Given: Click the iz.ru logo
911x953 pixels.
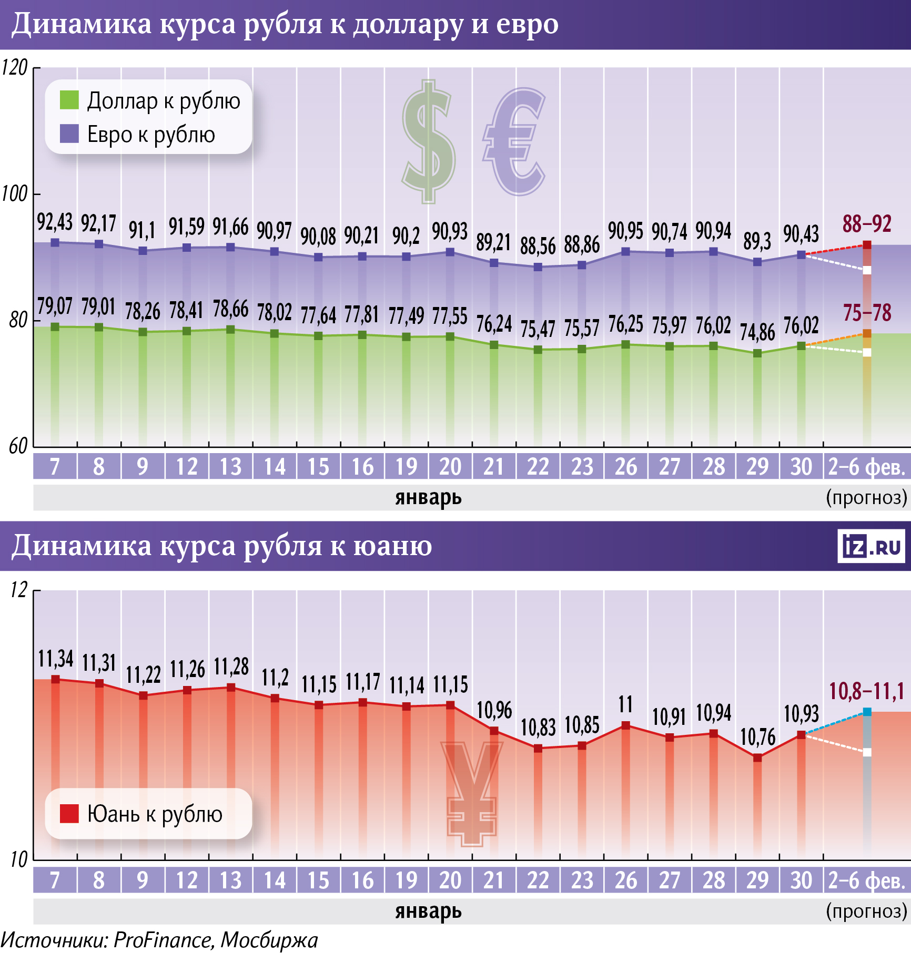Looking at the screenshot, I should pos(871,546).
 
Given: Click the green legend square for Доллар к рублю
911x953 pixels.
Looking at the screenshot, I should pos(69,100).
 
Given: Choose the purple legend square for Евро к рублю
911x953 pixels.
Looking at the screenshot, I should pos(69,134).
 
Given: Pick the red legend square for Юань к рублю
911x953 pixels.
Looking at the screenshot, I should pos(69,813).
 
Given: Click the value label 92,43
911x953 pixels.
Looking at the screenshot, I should pos(55,222).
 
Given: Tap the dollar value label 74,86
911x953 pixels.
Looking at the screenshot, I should pos(757,332).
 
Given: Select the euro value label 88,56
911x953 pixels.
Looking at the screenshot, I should pos(538,246).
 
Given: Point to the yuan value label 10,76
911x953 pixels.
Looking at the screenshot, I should pos(757,737).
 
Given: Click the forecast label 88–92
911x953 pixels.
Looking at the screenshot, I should pos(867,224).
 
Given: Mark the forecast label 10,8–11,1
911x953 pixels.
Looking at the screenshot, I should pos(866,691).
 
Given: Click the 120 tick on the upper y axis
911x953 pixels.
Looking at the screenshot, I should pos(14,68).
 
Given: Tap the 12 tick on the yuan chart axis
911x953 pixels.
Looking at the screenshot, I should pos(18,590).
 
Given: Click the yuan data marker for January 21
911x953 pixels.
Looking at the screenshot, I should pos(494,731).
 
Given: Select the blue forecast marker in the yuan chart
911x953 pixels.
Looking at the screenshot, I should pos(867,712).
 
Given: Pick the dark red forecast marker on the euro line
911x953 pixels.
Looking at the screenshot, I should pos(867,245).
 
